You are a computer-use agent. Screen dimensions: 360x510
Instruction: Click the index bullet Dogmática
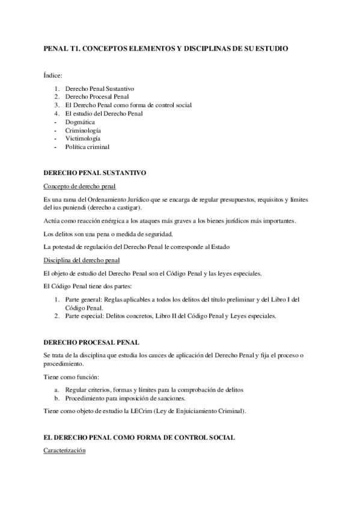(x=80, y=121)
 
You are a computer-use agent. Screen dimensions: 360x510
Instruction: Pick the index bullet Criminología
(x=83, y=130)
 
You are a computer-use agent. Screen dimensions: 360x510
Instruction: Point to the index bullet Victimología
(x=83, y=138)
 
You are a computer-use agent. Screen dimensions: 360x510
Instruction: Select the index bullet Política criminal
(x=87, y=147)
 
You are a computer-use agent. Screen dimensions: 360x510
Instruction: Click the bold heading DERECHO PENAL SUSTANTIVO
(x=95, y=173)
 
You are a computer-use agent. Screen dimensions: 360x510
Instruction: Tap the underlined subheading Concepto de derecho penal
(x=80, y=186)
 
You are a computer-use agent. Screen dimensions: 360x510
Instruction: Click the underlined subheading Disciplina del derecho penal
(x=82, y=260)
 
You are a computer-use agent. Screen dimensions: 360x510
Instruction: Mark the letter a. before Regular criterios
(x=56, y=390)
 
